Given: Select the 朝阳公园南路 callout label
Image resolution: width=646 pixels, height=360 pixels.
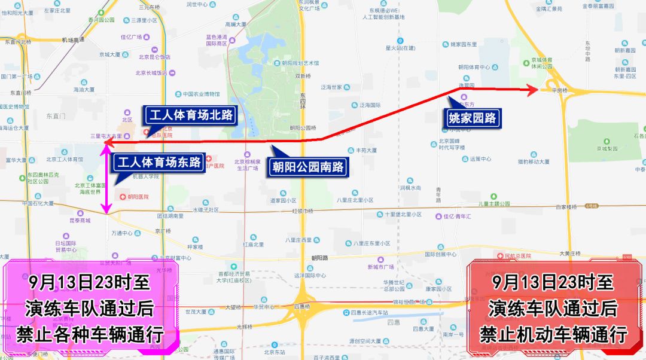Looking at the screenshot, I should (307, 167).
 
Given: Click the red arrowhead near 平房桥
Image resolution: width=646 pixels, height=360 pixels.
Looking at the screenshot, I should (532, 90).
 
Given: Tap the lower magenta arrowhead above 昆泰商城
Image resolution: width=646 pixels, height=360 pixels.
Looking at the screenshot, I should (106, 209).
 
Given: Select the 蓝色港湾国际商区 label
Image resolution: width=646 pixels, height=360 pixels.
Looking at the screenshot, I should (217, 39).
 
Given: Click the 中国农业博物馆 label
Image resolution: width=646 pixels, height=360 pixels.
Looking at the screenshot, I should (201, 94).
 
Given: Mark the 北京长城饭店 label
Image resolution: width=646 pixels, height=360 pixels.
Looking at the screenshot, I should (151, 74).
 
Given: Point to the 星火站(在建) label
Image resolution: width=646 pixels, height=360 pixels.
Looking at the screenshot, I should (400, 48).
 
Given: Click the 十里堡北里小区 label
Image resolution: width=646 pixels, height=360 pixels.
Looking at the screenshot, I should (403, 214).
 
